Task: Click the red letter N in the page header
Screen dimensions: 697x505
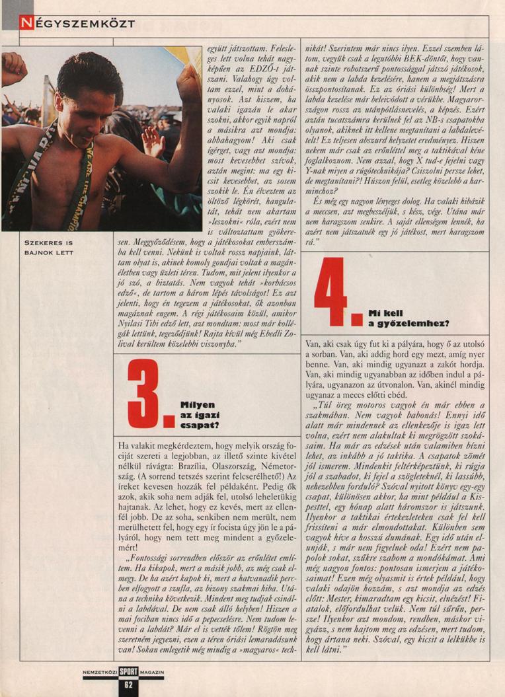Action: click(x=25, y=23)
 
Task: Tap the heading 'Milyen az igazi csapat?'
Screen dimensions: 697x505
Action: click(x=199, y=416)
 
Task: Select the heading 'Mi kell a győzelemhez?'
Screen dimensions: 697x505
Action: click(x=409, y=318)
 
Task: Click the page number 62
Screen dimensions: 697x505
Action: click(x=129, y=685)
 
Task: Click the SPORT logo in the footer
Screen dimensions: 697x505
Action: click(x=129, y=674)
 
